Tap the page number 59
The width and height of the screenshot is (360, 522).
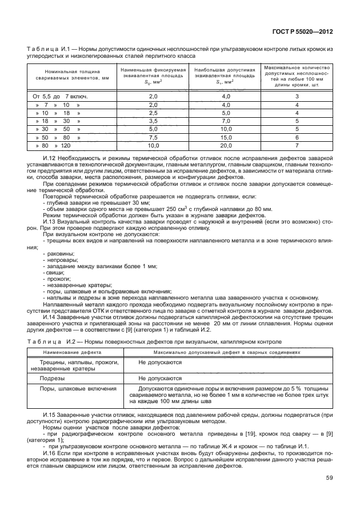329,477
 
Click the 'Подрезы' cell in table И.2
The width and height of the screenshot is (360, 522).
51,378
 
